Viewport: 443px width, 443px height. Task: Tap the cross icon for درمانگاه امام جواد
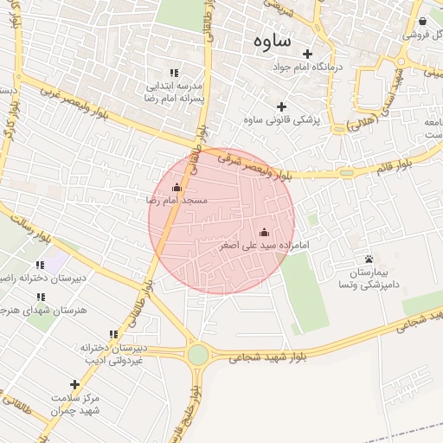pos(307,54)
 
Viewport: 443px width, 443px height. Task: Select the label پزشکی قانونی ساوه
pos(282,119)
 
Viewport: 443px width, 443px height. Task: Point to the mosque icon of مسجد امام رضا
pos(177,187)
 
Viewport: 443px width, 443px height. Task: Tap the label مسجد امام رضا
pos(177,200)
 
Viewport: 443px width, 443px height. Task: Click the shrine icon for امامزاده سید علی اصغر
pos(264,232)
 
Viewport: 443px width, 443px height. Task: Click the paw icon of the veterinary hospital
pos(369,259)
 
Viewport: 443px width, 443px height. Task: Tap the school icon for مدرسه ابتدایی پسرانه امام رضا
pos(174,74)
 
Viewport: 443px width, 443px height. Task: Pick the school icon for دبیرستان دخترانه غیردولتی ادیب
pos(113,334)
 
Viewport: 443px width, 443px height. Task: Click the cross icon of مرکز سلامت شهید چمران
pos(74,384)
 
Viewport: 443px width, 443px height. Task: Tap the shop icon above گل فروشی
pos(422,22)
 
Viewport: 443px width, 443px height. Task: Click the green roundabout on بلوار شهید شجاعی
pos(198,355)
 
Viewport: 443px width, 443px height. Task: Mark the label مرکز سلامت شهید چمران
pos(74,403)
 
